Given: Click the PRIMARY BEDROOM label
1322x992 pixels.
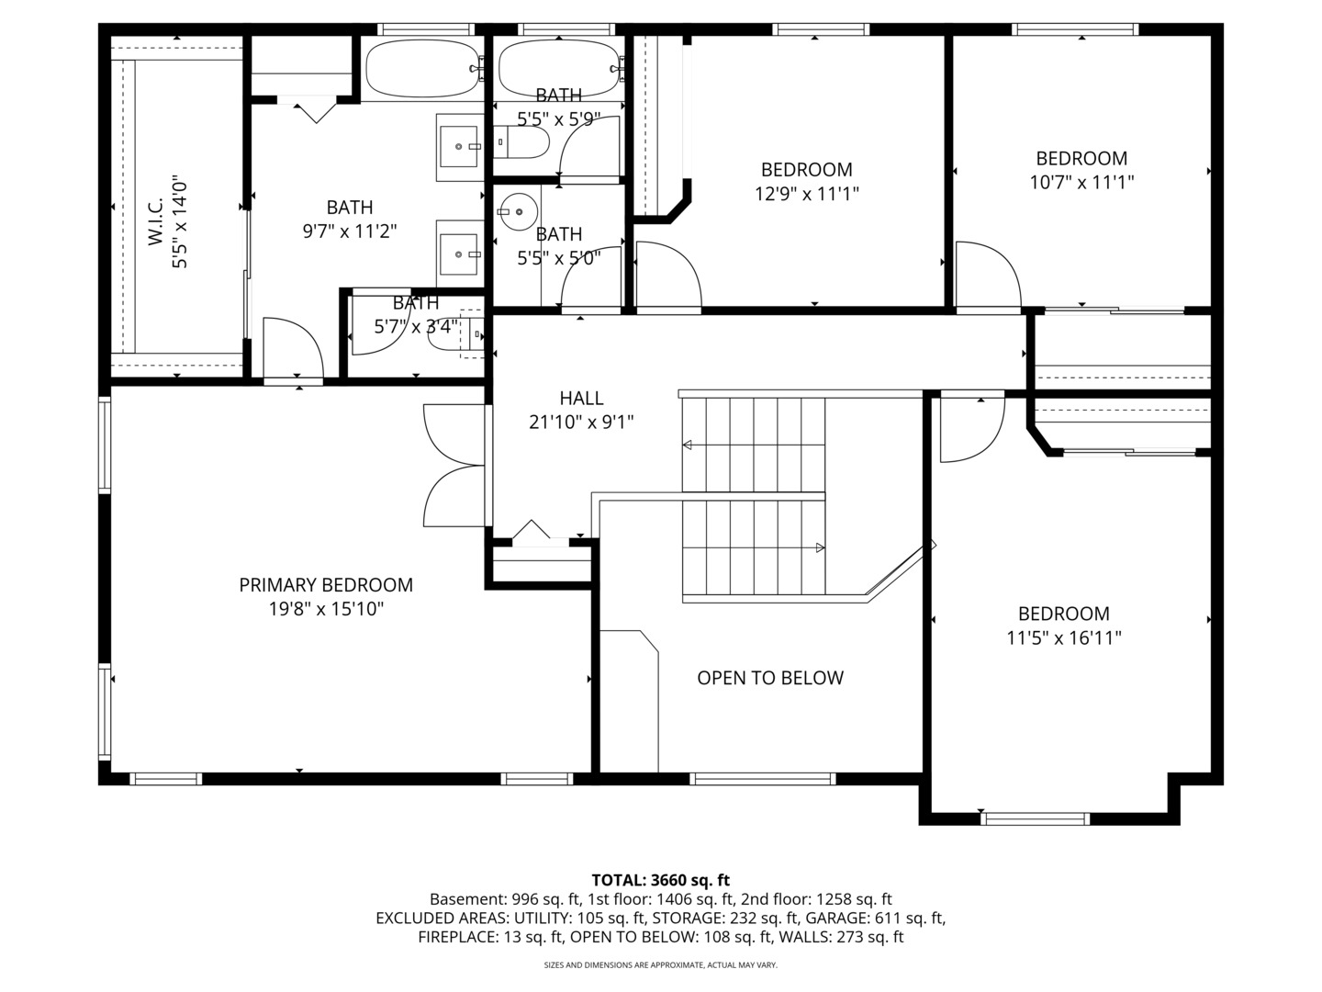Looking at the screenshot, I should click(x=326, y=585).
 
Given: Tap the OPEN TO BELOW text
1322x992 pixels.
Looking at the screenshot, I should click(x=769, y=678).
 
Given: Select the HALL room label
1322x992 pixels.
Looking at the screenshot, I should click(x=581, y=398).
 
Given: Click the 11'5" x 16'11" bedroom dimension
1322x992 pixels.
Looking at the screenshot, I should click(x=1063, y=637).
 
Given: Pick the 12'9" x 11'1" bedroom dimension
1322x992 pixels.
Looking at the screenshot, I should click(x=806, y=194).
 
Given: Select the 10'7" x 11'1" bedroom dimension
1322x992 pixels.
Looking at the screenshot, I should click(x=1081, y=183).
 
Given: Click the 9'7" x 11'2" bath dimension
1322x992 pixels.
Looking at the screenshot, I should click(x=349, y=231).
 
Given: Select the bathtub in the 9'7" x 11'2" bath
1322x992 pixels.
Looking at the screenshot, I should click(x=421, y=69).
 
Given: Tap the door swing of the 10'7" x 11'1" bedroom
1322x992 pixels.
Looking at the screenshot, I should click(x=988, y=276).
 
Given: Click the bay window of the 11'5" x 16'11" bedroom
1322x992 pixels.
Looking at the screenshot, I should click(x=1035, y=817).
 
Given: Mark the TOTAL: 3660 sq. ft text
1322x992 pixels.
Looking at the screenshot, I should click(x=660, y=880).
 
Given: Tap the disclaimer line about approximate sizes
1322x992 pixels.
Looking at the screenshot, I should click(x=660, y=965).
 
